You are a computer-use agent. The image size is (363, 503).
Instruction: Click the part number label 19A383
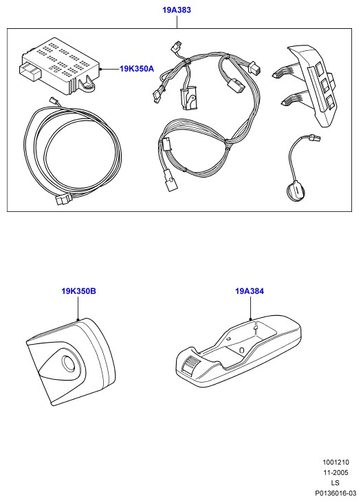pos(177,10)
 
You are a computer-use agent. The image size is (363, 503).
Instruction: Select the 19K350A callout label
pos(137,69)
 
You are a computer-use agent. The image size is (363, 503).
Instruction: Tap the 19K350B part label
pos(79,291)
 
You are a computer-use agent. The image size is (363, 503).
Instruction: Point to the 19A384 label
pos(250,291)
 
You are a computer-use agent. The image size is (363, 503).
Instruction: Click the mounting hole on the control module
pos(88,86)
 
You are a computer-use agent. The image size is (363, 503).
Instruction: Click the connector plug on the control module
pos(30,72)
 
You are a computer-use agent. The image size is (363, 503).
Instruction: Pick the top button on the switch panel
pos(320,69)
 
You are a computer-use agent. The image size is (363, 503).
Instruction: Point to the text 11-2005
pos(335,473)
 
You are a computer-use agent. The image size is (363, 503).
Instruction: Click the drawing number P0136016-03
pos(335,493)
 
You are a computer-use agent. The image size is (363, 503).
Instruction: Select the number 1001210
pos(335,462)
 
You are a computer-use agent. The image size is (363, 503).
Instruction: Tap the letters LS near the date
pos(335,483)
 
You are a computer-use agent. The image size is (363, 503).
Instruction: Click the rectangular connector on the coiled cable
pos(64,200)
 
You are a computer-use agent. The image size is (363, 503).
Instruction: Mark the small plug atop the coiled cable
pos(53,100)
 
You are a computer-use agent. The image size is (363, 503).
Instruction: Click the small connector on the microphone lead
pos(314,138)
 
